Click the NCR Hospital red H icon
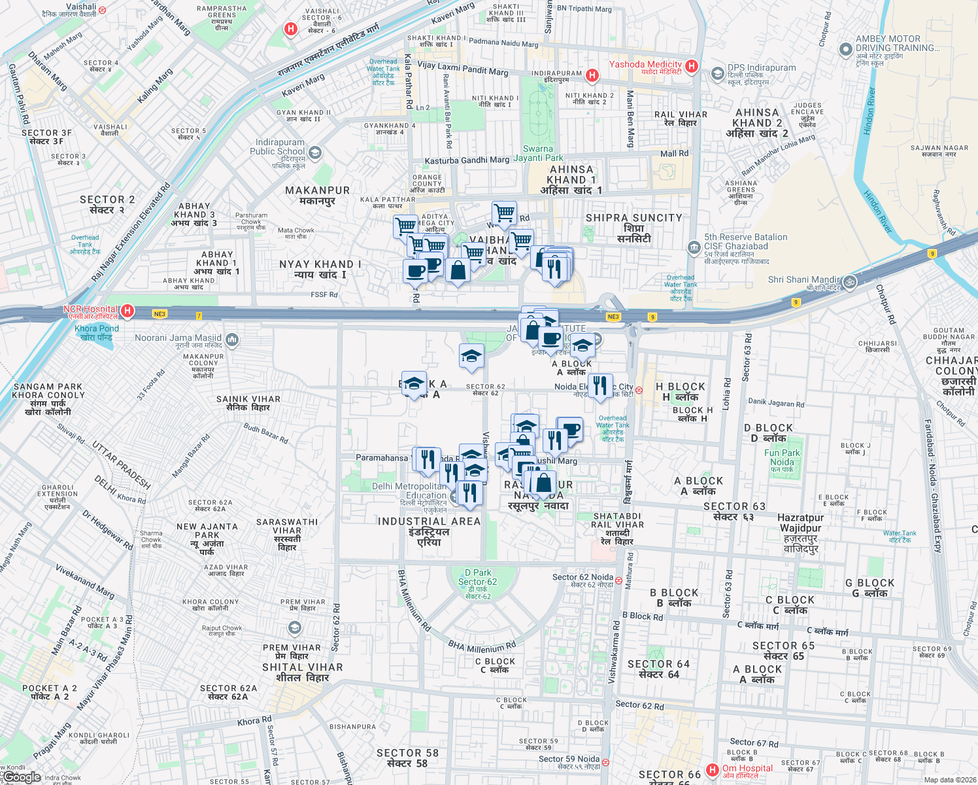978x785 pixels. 127,311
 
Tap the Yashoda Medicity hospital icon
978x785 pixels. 692,66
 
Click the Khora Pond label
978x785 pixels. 97,332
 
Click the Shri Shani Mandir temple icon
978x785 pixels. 850,282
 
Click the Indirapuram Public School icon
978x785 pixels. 315,153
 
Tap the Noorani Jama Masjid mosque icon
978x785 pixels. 231,340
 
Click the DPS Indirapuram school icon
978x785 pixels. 717,73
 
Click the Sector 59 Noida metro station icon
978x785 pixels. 606,762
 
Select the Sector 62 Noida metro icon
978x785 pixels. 618,580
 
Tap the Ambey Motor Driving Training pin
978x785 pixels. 845,48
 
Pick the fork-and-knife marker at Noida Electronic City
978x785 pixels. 599,386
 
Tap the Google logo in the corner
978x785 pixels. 21,777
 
